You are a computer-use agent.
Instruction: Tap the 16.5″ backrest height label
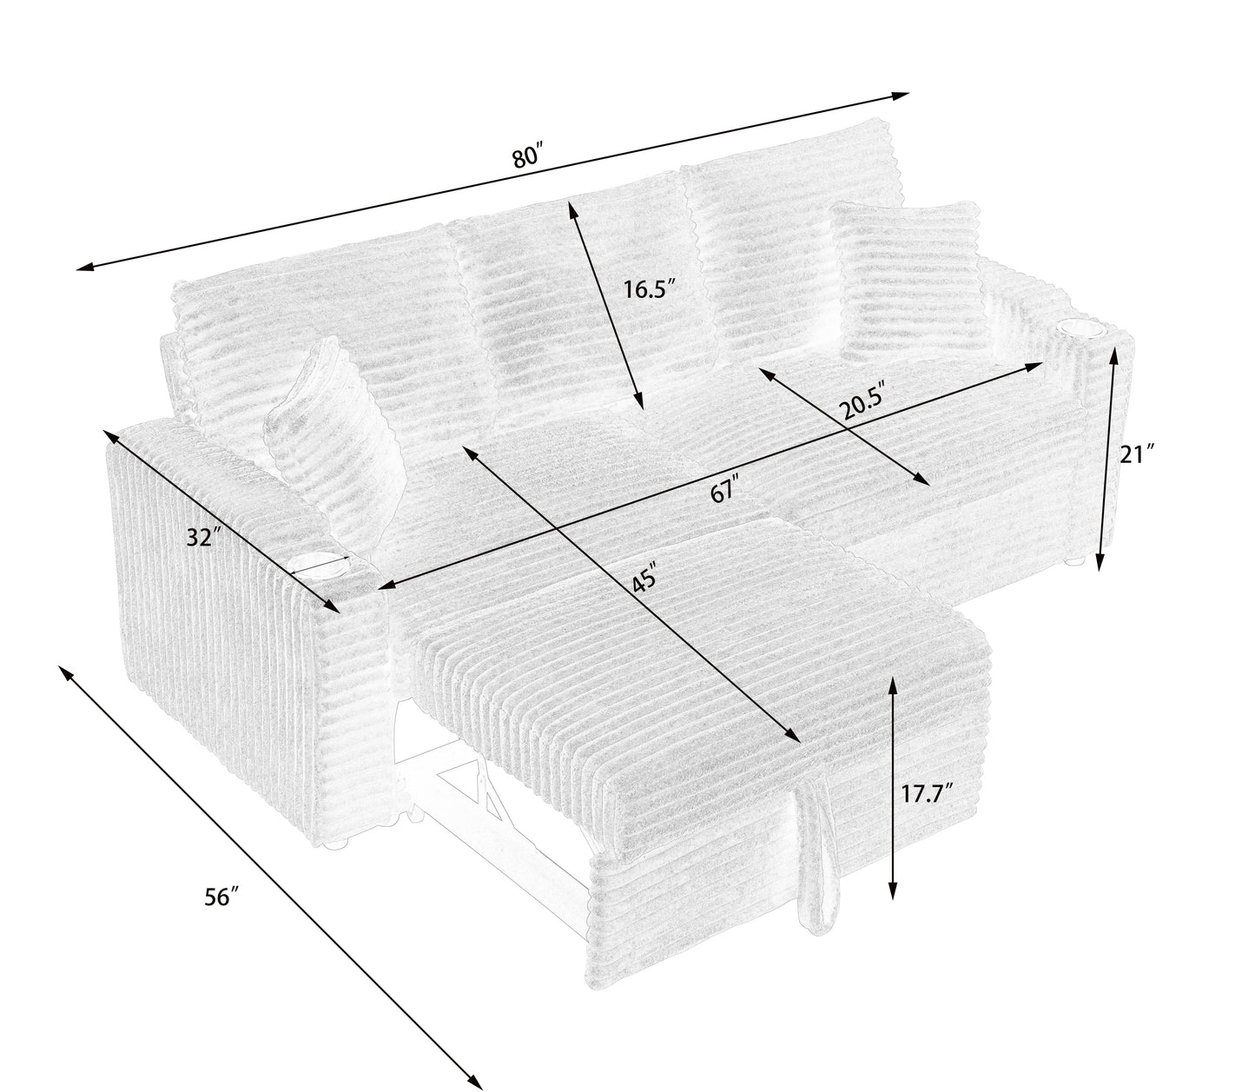click(x=649, y=289)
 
